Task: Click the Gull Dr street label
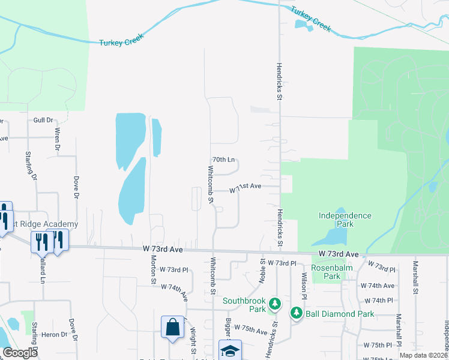(x=43, y=120)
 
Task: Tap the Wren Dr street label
(x=58, y=138)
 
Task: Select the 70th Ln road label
(x=223, y=160)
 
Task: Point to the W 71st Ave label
(x=246, y=187)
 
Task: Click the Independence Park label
(x=345, y=220)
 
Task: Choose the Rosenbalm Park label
(x=326, y=272)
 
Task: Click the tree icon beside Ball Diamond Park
(x=297, y=313)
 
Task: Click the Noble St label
(x=262, y=269)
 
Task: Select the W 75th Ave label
(x=251, y=329)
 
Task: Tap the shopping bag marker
(x=172, y=328)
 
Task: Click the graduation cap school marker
(x=230, y=350)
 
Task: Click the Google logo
(x=20, y=353)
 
